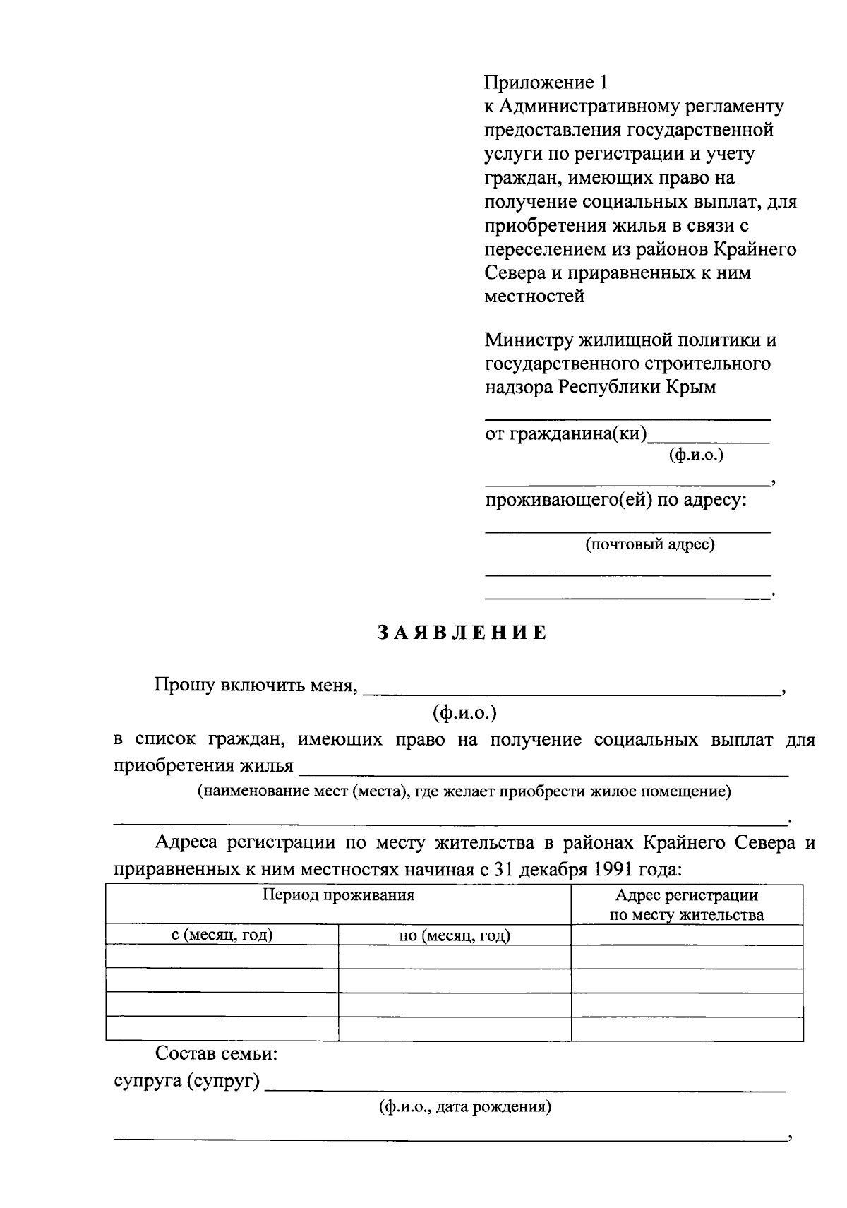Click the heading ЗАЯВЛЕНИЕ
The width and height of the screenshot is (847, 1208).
point(462,633)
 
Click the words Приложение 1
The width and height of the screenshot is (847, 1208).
point(545,83)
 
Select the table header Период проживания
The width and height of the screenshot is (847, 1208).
point(338,896)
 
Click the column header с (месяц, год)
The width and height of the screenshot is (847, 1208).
point(222,935)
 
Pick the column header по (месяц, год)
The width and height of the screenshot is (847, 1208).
point(454,935)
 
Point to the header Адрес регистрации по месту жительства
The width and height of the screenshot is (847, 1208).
point(686,905)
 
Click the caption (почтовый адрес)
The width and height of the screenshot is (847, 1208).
point(649,544)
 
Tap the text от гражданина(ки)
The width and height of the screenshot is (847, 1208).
point(565,433)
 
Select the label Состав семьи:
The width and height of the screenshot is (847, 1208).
point(216,1055)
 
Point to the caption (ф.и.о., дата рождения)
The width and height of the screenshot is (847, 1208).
point(464,1106)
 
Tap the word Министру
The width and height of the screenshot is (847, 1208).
point(529,340)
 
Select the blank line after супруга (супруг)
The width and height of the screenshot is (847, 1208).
point(525,1088)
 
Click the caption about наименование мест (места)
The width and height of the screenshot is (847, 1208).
point(464,791)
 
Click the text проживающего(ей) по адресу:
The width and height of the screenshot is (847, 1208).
point(615,501)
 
